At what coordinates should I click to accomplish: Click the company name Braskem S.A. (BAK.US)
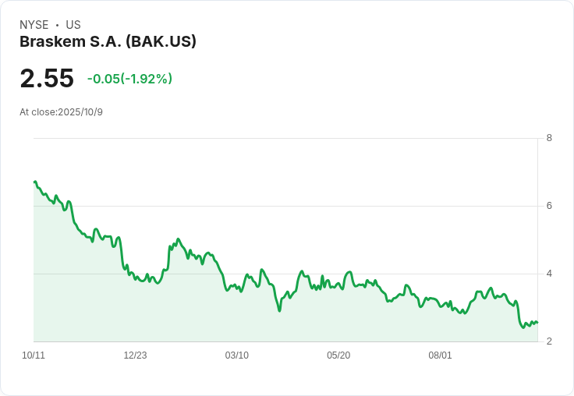(108, 41)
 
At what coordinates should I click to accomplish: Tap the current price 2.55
(47, 78)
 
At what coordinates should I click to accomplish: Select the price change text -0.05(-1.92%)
(129, 79)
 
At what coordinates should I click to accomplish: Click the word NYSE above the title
(34, 25)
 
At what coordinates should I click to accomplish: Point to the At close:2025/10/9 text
(61, 111)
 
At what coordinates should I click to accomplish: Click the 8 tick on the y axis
(549, 138)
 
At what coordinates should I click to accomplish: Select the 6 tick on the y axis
(549, 206)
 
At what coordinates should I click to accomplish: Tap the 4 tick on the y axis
(549, 274)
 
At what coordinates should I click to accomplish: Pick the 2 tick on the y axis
(549, 341)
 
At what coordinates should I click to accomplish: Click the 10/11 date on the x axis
(34, 355)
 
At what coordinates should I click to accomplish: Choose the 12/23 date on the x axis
(135, 355)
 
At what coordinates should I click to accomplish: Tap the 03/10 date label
(237, 355)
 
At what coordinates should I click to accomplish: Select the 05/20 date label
(338, 355)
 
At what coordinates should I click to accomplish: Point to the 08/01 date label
(440, 355)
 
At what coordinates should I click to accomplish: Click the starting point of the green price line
(34, 182)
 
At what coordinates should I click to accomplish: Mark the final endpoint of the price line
(537, 323)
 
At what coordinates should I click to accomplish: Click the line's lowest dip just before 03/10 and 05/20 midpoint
(279, 311)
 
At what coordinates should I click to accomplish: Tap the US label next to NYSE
(73, 25)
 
